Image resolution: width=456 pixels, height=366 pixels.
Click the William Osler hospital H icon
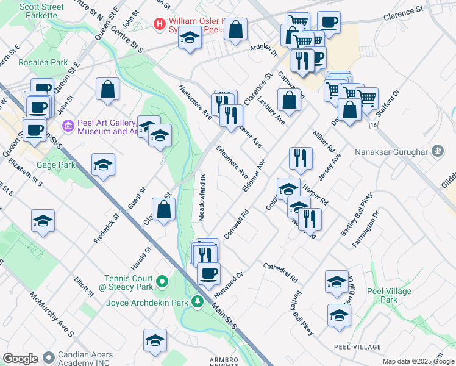click(160, 24)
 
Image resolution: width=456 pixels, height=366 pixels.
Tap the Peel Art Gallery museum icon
click(68, 126)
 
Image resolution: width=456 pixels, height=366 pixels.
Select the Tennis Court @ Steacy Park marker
click(162, 282)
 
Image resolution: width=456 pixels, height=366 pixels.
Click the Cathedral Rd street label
click(280, 273)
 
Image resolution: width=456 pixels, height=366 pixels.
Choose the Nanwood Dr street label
click(229, 285)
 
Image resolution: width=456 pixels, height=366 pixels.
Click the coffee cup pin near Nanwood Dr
click(208, 273)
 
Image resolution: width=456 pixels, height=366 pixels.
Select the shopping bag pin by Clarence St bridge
click(164, 210)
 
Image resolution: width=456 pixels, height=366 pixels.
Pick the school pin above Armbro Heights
click(155, 340)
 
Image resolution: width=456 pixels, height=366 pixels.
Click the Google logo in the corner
click(20, 359)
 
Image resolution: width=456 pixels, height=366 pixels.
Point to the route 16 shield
click(374, 124)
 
